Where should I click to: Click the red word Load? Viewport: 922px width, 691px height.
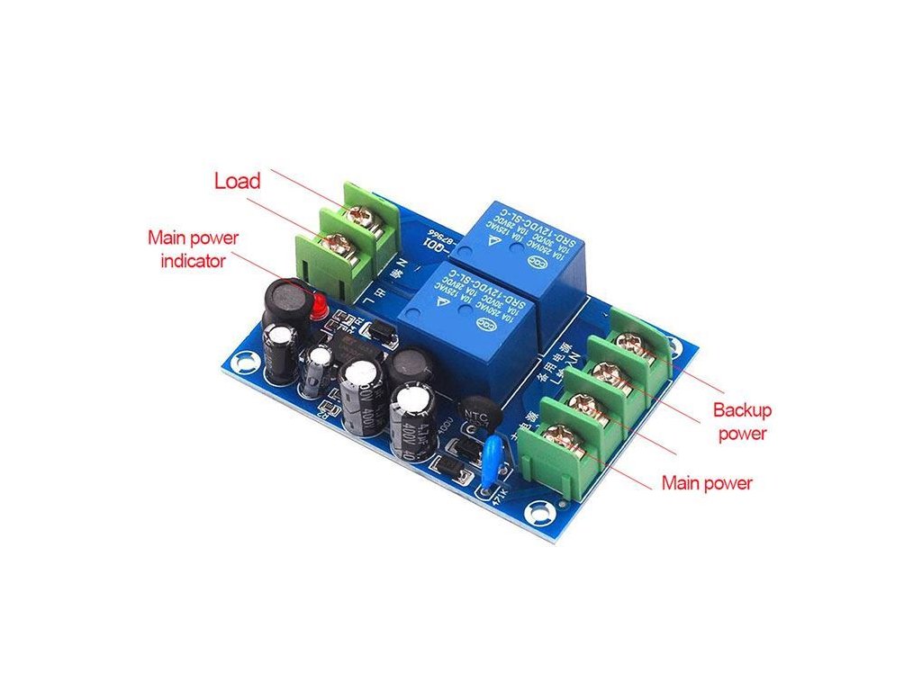[237, 181]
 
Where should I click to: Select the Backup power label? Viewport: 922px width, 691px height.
[742, 422]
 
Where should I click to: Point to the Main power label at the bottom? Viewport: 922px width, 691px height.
[707, 483]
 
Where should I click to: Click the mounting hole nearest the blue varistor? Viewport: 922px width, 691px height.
[540, 516]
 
